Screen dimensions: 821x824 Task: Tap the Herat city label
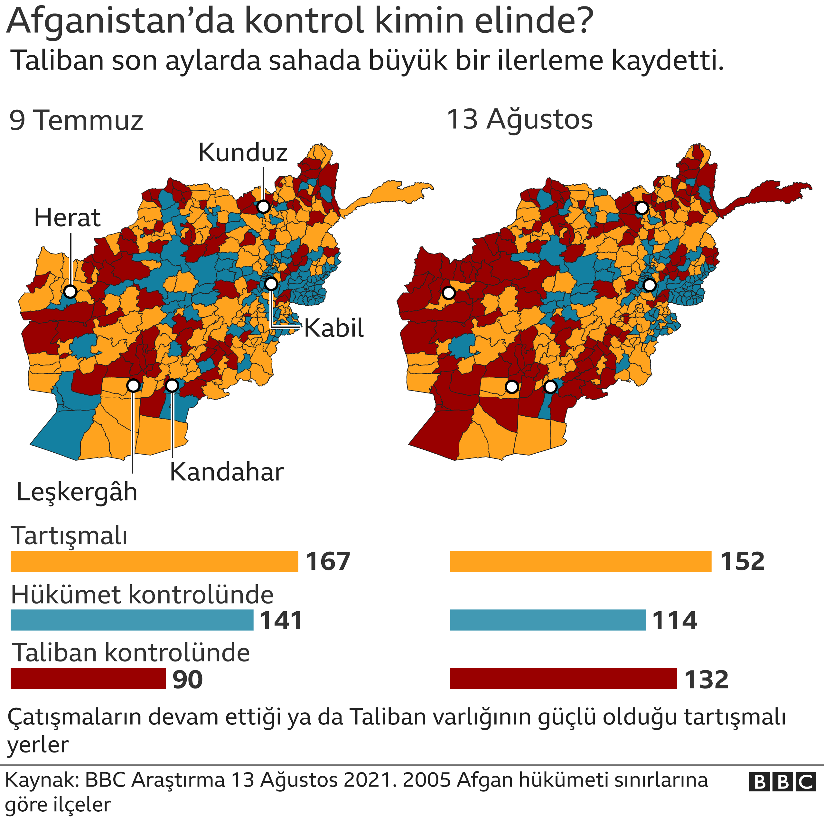[67, 218]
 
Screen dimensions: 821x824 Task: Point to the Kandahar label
[227, 472]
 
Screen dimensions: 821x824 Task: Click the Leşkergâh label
[77, 492]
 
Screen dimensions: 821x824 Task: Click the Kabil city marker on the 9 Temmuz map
[271, 283]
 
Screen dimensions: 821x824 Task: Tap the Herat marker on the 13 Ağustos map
[448, 293]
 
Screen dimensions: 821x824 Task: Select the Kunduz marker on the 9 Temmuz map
[264, 207]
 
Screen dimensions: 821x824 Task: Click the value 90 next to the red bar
[188, 679]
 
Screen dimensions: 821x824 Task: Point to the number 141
[281, 621]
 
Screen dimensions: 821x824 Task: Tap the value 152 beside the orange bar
[742, 562]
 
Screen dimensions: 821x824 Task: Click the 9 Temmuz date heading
[76, 121]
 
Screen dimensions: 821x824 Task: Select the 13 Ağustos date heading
[519, 119]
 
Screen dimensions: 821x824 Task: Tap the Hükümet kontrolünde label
[142, 595]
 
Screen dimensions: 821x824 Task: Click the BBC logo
[782, 782]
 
